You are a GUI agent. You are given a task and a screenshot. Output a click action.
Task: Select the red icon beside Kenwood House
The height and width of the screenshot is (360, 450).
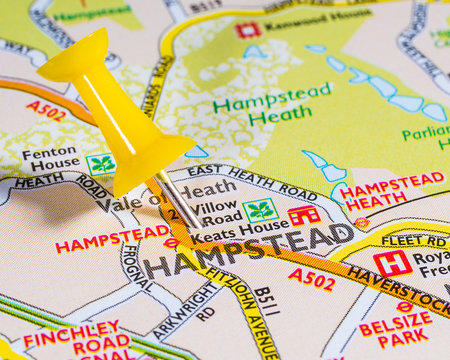(x=247, y=29)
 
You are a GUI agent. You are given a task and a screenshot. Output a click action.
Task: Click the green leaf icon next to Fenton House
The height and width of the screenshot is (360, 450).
(x=101, y=164)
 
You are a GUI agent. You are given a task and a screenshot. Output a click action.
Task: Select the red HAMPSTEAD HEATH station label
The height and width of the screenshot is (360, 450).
(x=390, y=187)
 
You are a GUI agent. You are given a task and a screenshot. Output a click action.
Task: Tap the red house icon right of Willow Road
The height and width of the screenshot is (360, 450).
(x=303, y=214)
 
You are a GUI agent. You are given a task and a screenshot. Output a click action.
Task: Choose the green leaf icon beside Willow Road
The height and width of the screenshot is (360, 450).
(x=260, y=210)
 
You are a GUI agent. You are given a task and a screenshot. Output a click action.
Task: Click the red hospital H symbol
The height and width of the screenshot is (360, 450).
(x=392, y=263)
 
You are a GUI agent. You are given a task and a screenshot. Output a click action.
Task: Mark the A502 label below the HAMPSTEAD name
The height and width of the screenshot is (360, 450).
(x=311, y=279)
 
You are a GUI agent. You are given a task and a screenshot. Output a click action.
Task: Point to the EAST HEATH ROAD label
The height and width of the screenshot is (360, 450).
(x=271, y=181)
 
